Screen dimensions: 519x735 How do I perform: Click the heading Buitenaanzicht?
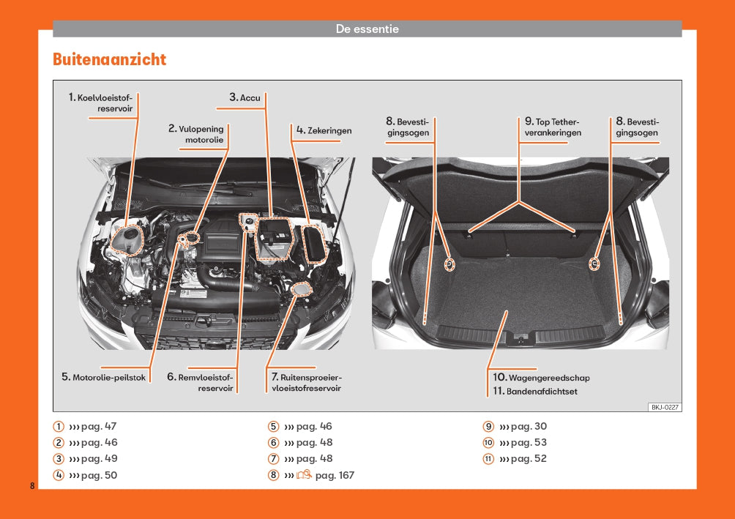tap(109, 59)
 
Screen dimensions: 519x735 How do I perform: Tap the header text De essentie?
tap(367, 29)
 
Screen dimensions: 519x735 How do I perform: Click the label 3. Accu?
tap(245, 97)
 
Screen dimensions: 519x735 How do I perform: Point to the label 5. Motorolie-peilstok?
tap(104, 377)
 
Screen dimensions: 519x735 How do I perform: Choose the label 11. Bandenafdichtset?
tap(535, 392)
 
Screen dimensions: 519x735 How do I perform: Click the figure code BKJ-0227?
tap(665, 407)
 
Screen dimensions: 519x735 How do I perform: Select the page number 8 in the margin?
tap(32, 486)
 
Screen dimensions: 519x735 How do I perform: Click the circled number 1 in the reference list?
tap(59, 427)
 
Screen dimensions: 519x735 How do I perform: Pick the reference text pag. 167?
tap(335, 475)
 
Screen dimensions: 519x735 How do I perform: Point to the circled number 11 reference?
tap(488, 459)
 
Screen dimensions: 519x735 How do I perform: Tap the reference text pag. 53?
tap(529, 442)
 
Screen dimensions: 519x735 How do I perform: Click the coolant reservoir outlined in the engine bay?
tap(124, 239)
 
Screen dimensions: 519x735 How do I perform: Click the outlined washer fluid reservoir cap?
tap(299, 289)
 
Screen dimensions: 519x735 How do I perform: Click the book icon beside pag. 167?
tap(304, 475)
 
